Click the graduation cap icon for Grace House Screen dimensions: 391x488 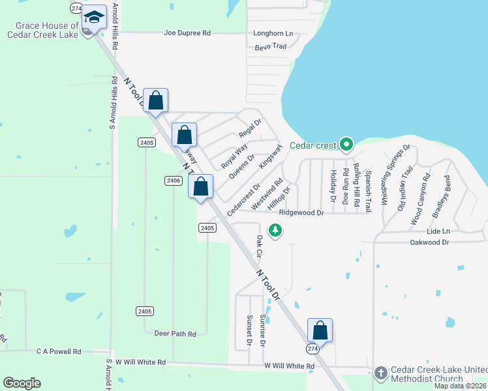click(95, 18)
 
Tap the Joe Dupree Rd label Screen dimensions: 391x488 click(188, 33)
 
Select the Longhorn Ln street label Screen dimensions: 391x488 click(273, 33)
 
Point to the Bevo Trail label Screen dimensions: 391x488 click(271, 46)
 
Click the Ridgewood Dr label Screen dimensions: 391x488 click(301, 212)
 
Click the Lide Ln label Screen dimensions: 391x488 click(438, 231)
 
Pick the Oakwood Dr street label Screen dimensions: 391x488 click(429, 242)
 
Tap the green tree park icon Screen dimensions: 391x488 click(276, 230)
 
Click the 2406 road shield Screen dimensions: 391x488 click(173, 181)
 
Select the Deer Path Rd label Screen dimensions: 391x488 click(175, 334)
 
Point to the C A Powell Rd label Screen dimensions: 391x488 click(59, 351)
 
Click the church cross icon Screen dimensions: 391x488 click(382, 373)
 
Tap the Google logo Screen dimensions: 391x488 click(22, 383)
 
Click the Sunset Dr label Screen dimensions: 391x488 click(249, 330)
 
